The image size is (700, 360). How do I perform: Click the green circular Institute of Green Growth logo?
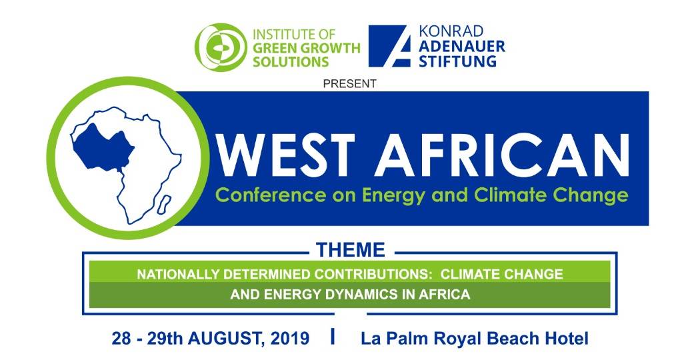pos(221,47)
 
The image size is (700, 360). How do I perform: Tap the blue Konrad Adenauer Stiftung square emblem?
pos(389,46)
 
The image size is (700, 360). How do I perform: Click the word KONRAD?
pos(451,31)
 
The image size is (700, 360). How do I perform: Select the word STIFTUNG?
pos(457,60)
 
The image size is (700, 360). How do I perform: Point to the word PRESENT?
pos(349,83)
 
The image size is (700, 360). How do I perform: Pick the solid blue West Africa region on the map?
pos(102,147)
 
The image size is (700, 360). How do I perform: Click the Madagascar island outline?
pos(164,204)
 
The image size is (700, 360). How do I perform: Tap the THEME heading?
pos(351,250)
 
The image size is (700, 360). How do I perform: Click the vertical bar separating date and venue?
pos(332,337)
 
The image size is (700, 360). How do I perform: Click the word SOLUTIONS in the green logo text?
pos(291,61)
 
